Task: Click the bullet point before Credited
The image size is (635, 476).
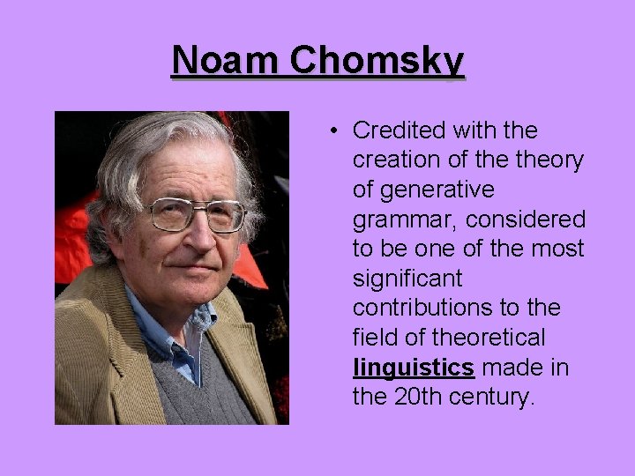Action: [x=337, y=132]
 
